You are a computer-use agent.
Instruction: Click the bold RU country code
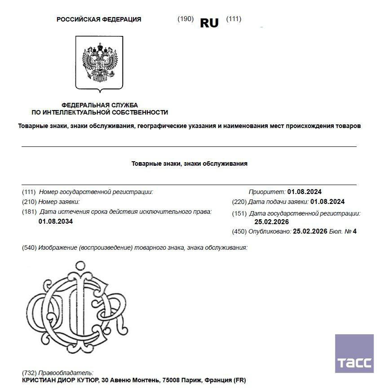209,23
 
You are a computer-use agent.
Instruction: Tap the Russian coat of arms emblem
99,62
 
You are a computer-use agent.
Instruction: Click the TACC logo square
354,354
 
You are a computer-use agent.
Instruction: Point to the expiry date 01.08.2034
56,221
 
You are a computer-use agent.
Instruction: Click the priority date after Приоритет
305,192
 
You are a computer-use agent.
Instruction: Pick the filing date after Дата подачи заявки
327,202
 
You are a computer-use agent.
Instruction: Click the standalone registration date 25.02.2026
272,222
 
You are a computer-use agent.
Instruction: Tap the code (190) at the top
185,19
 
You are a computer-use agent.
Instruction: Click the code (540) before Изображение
29,248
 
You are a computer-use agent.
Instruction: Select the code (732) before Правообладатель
29,373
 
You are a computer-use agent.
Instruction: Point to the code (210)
29,202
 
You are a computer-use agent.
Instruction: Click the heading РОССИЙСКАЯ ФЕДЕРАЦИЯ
99,19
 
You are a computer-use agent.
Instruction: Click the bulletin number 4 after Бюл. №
354,232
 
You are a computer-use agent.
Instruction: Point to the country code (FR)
239,380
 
